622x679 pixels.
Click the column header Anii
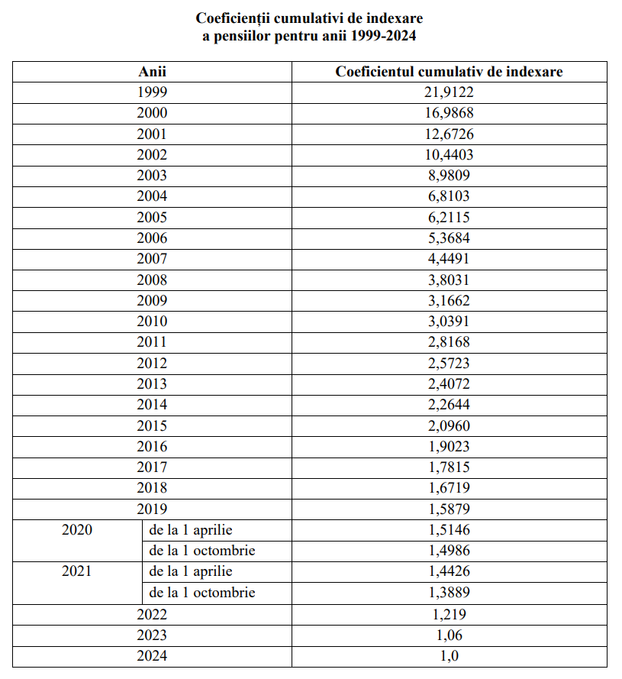click(152, 72)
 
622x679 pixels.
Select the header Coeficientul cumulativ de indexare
click(449, 72)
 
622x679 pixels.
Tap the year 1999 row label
click(152, 92)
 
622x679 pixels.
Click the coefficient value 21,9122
click(449, 92)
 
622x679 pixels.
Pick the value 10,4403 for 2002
click(449, 155)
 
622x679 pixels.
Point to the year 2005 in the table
click(152, 218)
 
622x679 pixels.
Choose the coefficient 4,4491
click(449, 259)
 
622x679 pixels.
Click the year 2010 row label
click(152, 322)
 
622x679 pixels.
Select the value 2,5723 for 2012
click(449, 364)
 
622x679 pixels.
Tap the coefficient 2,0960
click(449, 426)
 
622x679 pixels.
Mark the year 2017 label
click(152, 467)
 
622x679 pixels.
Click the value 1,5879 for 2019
click(449, 509)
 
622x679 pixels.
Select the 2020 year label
click(77, 529)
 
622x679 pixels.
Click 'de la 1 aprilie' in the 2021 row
click(191, 571)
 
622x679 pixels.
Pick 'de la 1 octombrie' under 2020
click(202, 551)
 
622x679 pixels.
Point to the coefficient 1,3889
click(449, 593)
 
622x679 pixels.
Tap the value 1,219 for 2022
click(449, 614)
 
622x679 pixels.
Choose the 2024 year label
click(152, 655)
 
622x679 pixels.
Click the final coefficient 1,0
click(449, 655)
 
